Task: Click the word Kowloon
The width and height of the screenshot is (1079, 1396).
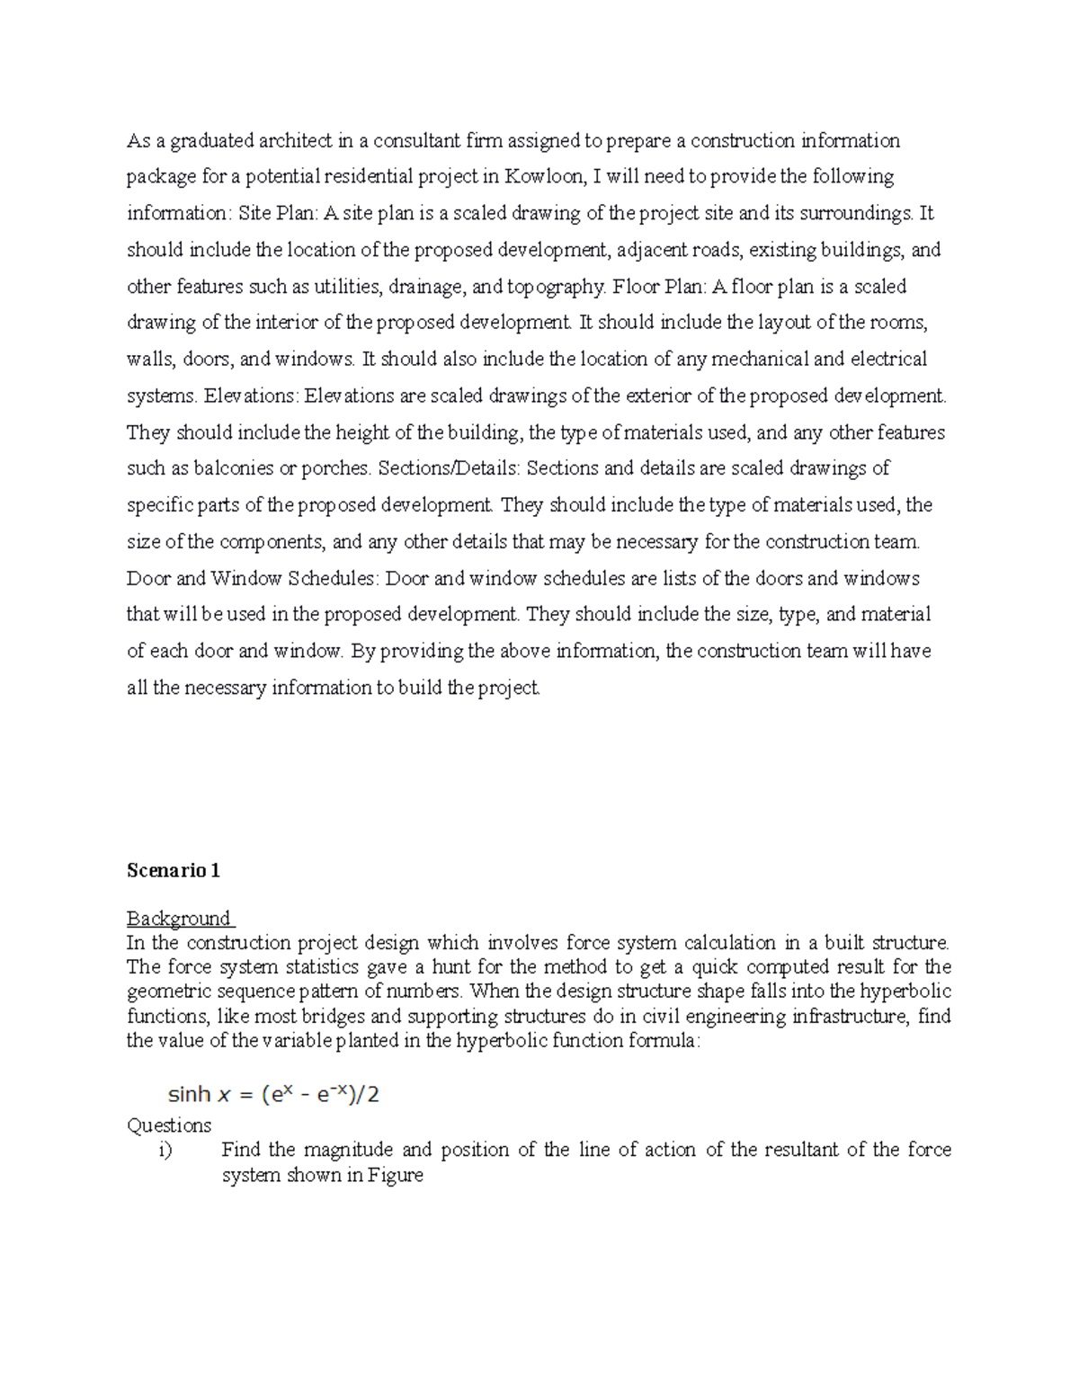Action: click(543, 176)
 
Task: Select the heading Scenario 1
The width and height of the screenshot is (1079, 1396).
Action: click(173, 870)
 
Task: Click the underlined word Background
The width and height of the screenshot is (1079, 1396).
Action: click(179, 918)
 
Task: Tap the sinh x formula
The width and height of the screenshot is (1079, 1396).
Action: click(273, 1094)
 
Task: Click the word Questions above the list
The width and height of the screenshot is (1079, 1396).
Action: click(169, 1125)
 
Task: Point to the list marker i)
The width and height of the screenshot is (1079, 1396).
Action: click(165, 1150)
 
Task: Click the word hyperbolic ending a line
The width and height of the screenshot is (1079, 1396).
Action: click(905, 991)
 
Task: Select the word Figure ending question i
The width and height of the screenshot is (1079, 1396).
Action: click(395, 1175)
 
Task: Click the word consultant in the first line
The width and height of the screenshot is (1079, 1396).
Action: click(416, 140)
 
